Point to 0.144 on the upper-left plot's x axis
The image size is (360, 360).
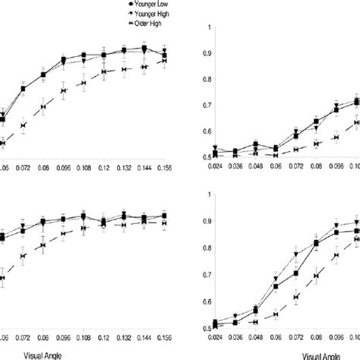pyautogui.click(x=144, y=164)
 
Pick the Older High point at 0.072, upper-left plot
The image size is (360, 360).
pyautogui.click(x=23, y=125)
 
